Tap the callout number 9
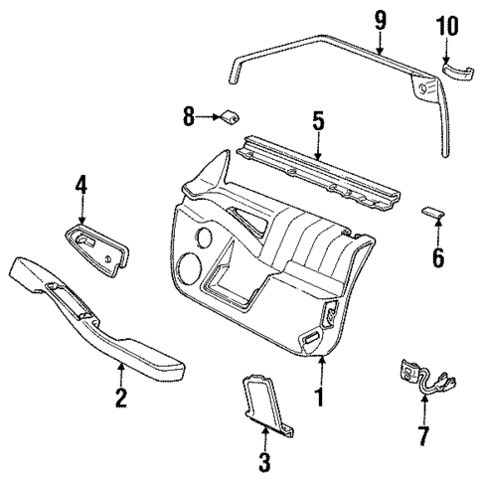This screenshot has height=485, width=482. [379, 18]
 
